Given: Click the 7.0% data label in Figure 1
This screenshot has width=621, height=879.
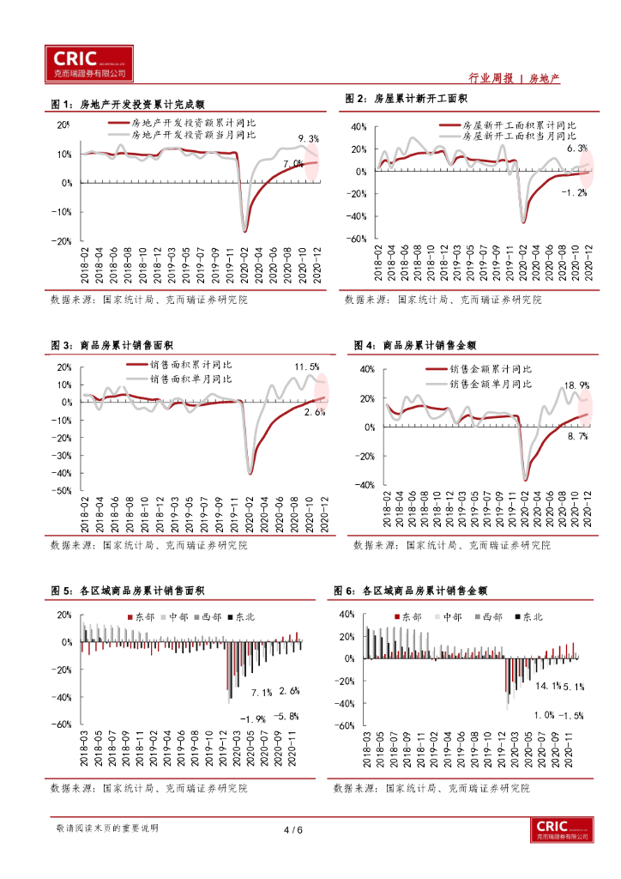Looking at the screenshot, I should (292, 163).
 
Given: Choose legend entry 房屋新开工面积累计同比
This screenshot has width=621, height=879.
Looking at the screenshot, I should (519, 124).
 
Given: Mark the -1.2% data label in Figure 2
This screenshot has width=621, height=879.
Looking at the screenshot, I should (574, 192).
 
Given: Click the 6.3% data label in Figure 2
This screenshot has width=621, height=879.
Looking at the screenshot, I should (577, 149).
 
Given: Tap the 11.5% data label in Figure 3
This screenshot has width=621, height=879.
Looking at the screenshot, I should (307, 367).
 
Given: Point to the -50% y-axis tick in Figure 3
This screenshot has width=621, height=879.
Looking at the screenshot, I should (63, 491).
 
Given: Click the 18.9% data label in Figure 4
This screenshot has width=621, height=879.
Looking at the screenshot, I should (576, 386).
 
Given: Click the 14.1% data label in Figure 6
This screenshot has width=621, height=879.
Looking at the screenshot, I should (547, 686).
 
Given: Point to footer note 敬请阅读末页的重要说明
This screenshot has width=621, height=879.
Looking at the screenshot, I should (106, 828).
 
